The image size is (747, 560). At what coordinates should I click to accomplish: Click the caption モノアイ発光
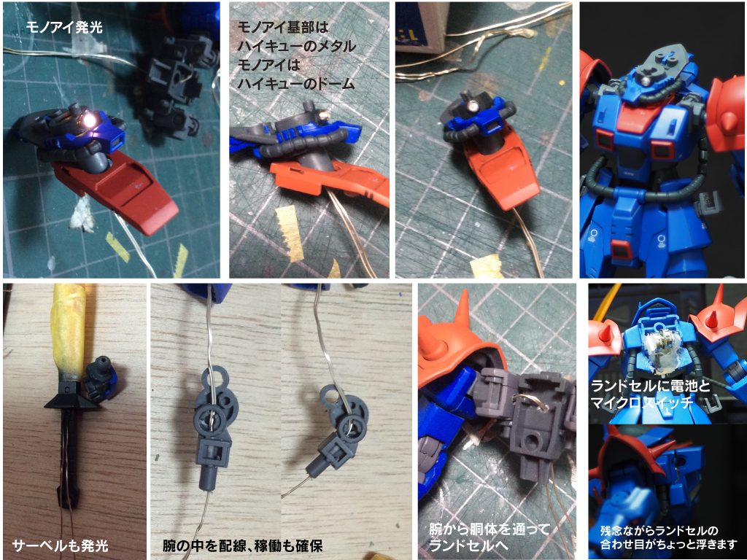64,28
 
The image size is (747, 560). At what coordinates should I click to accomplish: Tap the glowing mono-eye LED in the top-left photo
89,121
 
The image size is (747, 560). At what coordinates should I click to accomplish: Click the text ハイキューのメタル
296,46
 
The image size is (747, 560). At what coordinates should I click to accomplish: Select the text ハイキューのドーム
296,83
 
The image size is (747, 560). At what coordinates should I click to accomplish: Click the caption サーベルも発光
60,545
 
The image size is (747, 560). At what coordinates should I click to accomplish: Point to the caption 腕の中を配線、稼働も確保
243,545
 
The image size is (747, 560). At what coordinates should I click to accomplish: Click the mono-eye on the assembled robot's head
646,81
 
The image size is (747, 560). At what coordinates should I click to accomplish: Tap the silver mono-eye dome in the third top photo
474,106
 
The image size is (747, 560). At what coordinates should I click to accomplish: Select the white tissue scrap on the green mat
82,214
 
